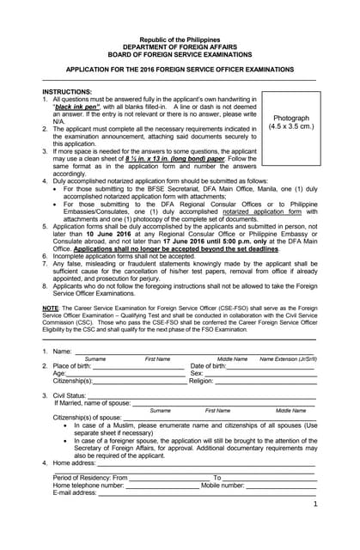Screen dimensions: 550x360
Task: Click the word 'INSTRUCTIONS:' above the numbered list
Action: click(x=67, y=91)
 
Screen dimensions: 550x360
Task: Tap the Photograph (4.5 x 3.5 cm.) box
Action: click(x=290, y=122)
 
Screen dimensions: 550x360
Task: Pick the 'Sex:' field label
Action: click(x=196, y=374)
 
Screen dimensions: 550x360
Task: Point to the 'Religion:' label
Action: click(x=201, y=381)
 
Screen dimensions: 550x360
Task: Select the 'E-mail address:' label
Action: click(x=75, y=492)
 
